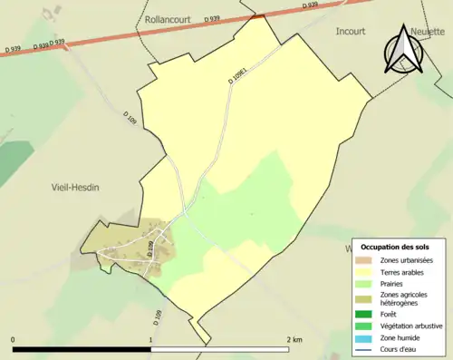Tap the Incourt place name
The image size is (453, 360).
tap(350, 30)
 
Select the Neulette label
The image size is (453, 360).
tap(429, 30)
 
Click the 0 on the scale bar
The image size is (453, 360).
tap(14, 339)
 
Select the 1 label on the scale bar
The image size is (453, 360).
tap(150, 339)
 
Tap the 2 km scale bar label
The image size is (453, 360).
tap(293, 339)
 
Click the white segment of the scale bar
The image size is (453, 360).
tap(218, 349)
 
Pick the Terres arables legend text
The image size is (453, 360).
tap(406, 271)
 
